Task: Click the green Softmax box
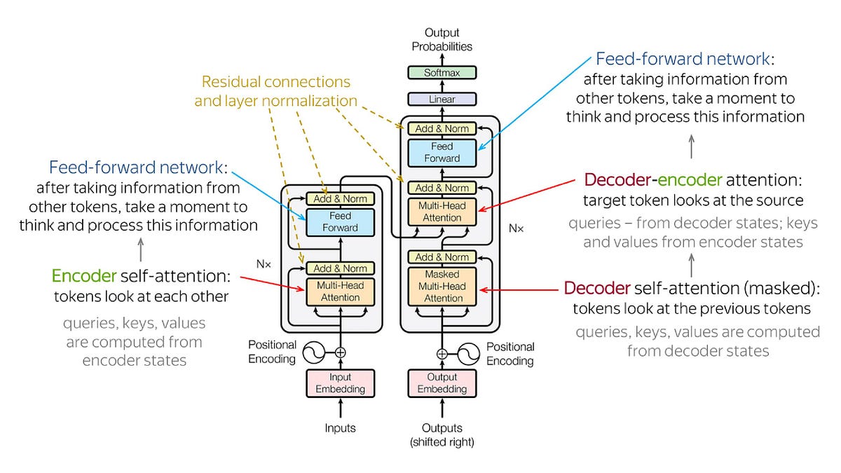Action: [x=442, y=72]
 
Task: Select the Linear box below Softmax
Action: [x=442, y=99]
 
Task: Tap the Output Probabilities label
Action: [x=442, y=39]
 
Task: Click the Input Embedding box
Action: [x=340, y=383]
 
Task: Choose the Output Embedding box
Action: [x=442, y=383]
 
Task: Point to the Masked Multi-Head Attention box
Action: [x=444, y=287]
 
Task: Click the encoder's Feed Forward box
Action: [x=340, y=221]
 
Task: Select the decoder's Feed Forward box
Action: [x=442, y=152]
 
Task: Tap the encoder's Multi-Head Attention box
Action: [x=340, y=292]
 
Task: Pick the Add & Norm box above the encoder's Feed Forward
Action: [x=340, y=198]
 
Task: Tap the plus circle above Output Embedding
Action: [x=442, y=353]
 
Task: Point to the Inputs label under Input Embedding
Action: [x=340, y=427]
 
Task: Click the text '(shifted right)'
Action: [x=442, y=441]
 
